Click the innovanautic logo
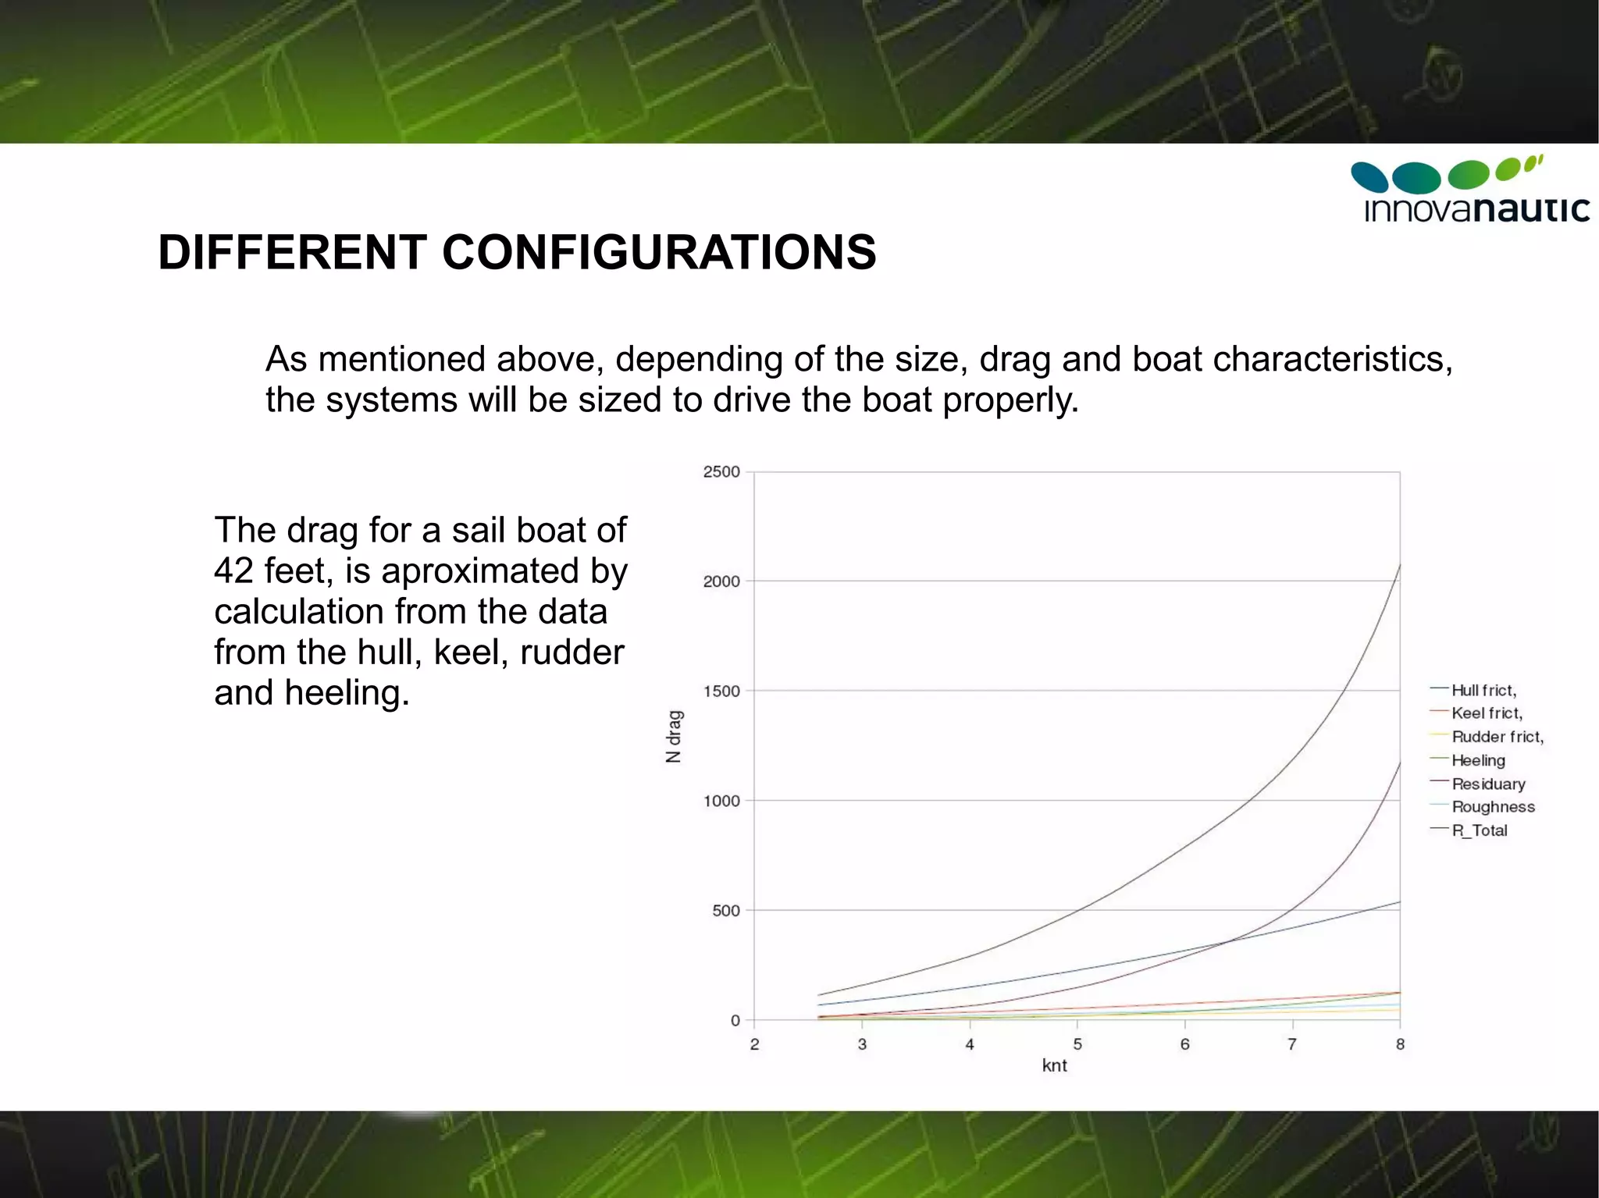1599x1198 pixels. (1469, 190)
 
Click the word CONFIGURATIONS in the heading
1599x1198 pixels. (659, 252)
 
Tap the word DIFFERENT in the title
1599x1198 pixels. (293, 252)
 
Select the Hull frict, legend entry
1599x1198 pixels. (1483, 690)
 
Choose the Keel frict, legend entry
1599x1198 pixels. (1487, 713)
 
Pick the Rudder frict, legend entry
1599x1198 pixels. (1497, 737)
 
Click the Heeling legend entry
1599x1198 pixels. (1478, 760)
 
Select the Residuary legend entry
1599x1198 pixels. (1488, 784)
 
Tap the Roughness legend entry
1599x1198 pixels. (1493, 807)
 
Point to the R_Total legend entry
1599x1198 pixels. (1479, 830)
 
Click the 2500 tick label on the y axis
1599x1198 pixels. (721, 471)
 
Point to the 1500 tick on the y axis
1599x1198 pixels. (721, 691)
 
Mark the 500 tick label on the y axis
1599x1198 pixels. (726, 910)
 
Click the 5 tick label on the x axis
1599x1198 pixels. (1077, 1044)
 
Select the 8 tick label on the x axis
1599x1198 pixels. (1400, 1044)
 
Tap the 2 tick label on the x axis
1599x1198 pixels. (754, 1044)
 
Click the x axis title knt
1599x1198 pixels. (1054, 1065)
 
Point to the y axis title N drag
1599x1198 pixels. (674, 736)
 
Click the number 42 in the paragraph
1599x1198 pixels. (234, 571)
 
